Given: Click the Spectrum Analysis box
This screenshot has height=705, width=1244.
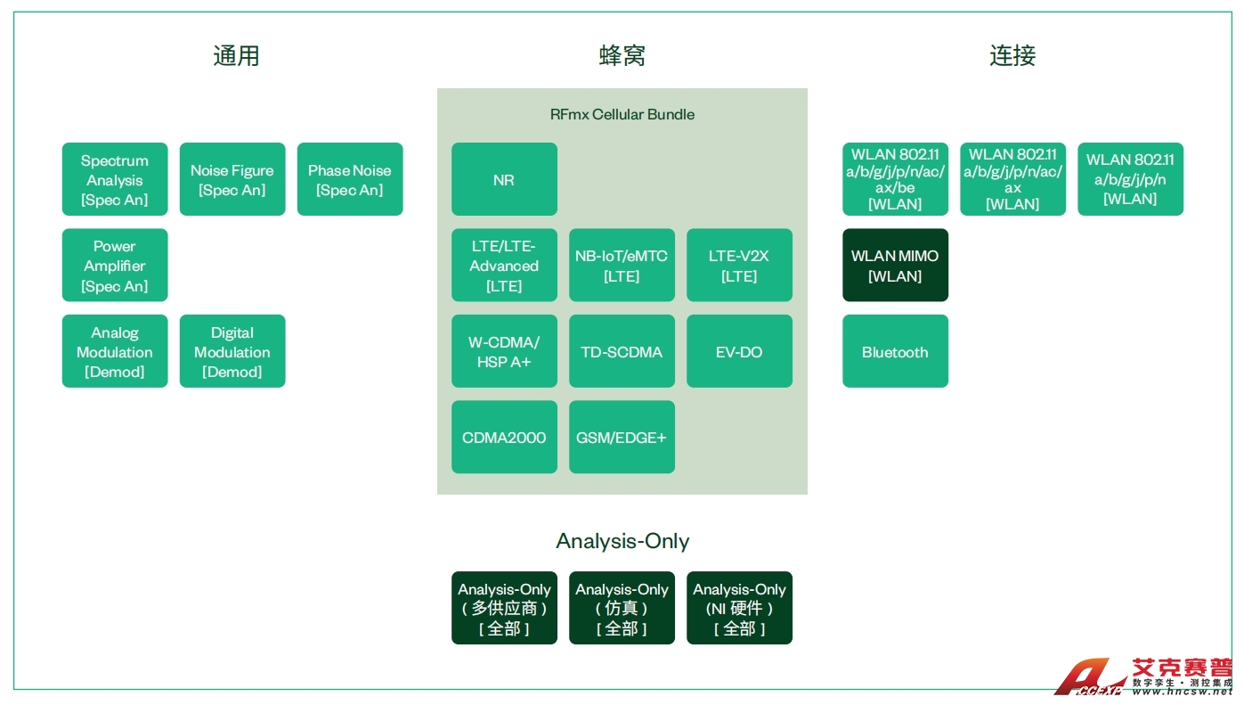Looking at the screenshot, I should coord(115,179).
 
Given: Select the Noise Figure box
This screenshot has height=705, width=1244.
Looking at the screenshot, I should coord(232,179).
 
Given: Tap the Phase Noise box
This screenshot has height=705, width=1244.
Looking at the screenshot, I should coord(350,179).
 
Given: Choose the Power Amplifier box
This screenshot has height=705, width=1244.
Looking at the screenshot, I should coord(115,266).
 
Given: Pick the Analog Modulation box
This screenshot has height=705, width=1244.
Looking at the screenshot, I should coord(115,351).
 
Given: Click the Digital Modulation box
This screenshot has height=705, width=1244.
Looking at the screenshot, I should coord(232,351).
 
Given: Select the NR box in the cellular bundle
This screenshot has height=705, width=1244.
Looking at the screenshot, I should coord(504,179).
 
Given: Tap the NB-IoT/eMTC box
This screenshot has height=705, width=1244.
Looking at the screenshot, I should coord(622,266).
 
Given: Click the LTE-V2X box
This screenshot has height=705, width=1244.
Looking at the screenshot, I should coord(739,266).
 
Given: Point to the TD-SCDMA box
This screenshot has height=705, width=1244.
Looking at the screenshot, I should coord(622,351).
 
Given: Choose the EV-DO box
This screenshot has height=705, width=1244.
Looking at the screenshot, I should coord(739,351).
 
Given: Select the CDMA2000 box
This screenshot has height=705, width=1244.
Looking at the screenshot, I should coord(504,437).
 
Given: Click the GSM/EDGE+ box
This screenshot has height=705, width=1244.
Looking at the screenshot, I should coord(622,437).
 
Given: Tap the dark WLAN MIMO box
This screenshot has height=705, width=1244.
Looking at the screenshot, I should coord(895,266).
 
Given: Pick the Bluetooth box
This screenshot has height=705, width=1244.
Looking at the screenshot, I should coord(895,351).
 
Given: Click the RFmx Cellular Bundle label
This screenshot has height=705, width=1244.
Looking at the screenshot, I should coord(622,114).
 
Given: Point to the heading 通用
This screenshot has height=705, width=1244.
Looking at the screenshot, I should coord(236,56).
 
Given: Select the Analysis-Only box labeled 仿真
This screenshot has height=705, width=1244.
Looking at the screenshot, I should coord(622,608).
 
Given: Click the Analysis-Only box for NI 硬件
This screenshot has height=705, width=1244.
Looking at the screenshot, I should coord(739,608).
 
